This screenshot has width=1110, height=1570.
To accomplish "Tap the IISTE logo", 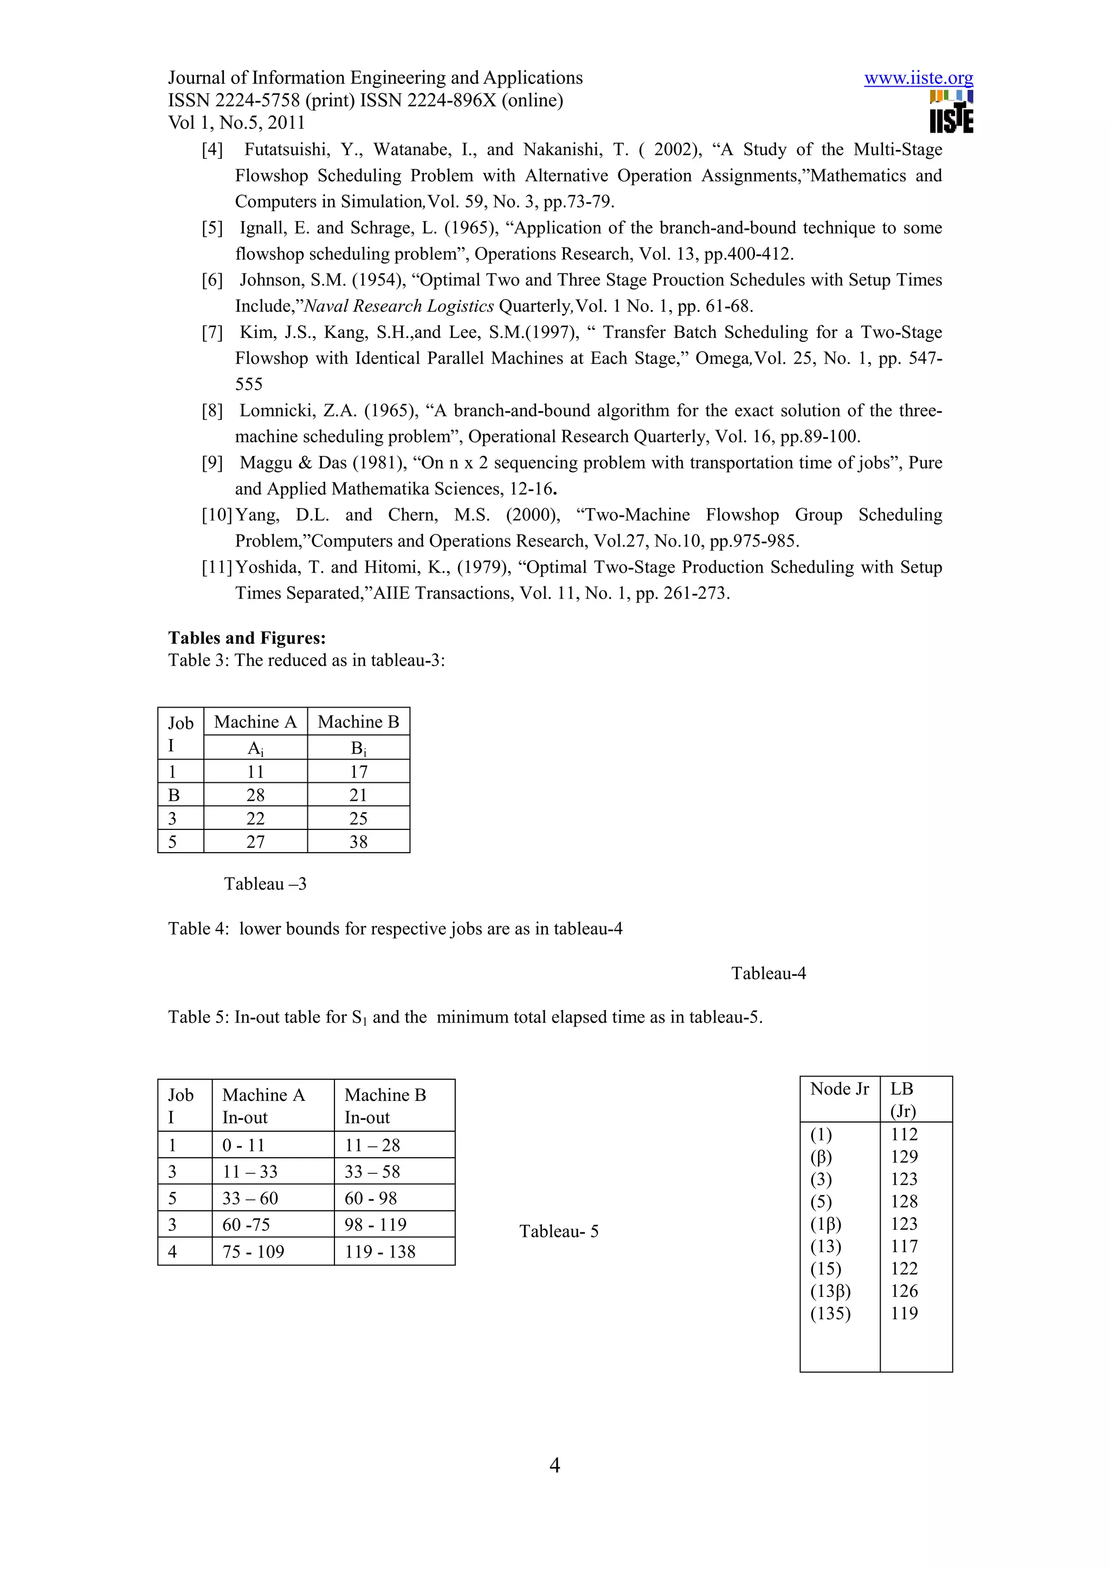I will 951,112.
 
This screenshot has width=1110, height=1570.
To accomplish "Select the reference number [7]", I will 212,332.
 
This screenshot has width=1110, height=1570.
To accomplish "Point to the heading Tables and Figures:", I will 247,638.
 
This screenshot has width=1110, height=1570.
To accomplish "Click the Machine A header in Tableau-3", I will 255,722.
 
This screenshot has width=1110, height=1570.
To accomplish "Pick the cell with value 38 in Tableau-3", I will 358,842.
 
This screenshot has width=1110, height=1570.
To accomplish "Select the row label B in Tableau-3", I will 174,795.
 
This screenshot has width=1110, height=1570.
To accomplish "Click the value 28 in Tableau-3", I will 255,795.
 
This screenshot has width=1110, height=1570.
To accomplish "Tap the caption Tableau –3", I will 266,884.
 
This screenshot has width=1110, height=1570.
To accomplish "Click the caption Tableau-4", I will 768,973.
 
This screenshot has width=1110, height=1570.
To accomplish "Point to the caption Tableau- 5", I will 559,1231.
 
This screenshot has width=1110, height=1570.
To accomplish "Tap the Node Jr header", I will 839,1088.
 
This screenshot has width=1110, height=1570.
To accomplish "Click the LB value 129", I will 904,1157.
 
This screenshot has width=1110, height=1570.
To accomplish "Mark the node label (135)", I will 830,1314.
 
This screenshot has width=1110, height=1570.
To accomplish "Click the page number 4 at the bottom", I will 554,1465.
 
